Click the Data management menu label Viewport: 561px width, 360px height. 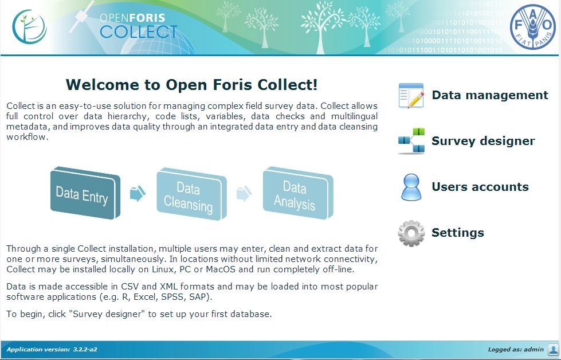(490, 95)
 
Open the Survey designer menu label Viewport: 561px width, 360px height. (484, 141)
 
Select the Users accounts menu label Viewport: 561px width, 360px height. (480, 187)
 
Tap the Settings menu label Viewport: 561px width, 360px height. (458, 233)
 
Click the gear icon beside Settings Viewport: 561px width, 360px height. (411, 233)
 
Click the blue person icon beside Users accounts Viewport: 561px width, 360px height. (411, 187)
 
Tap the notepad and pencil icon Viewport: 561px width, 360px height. (411, 96)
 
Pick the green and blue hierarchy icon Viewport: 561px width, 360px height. (411, 141)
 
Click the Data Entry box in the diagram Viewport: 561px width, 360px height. (85, 193)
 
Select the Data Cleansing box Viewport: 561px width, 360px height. (191, 194)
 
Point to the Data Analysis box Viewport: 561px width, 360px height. (298, 193)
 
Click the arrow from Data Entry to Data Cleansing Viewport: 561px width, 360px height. (138, 194)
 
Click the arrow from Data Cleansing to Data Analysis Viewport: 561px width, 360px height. (244, 194)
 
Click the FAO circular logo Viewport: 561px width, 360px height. (533, 27)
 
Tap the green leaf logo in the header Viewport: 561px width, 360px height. (29, 27)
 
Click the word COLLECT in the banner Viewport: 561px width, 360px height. (139, 32)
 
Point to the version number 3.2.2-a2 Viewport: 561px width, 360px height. (85, 350)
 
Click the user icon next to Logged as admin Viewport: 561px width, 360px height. (553, 349)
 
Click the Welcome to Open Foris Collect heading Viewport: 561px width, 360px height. (192, 85)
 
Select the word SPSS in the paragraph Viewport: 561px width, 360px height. (174, 297)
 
